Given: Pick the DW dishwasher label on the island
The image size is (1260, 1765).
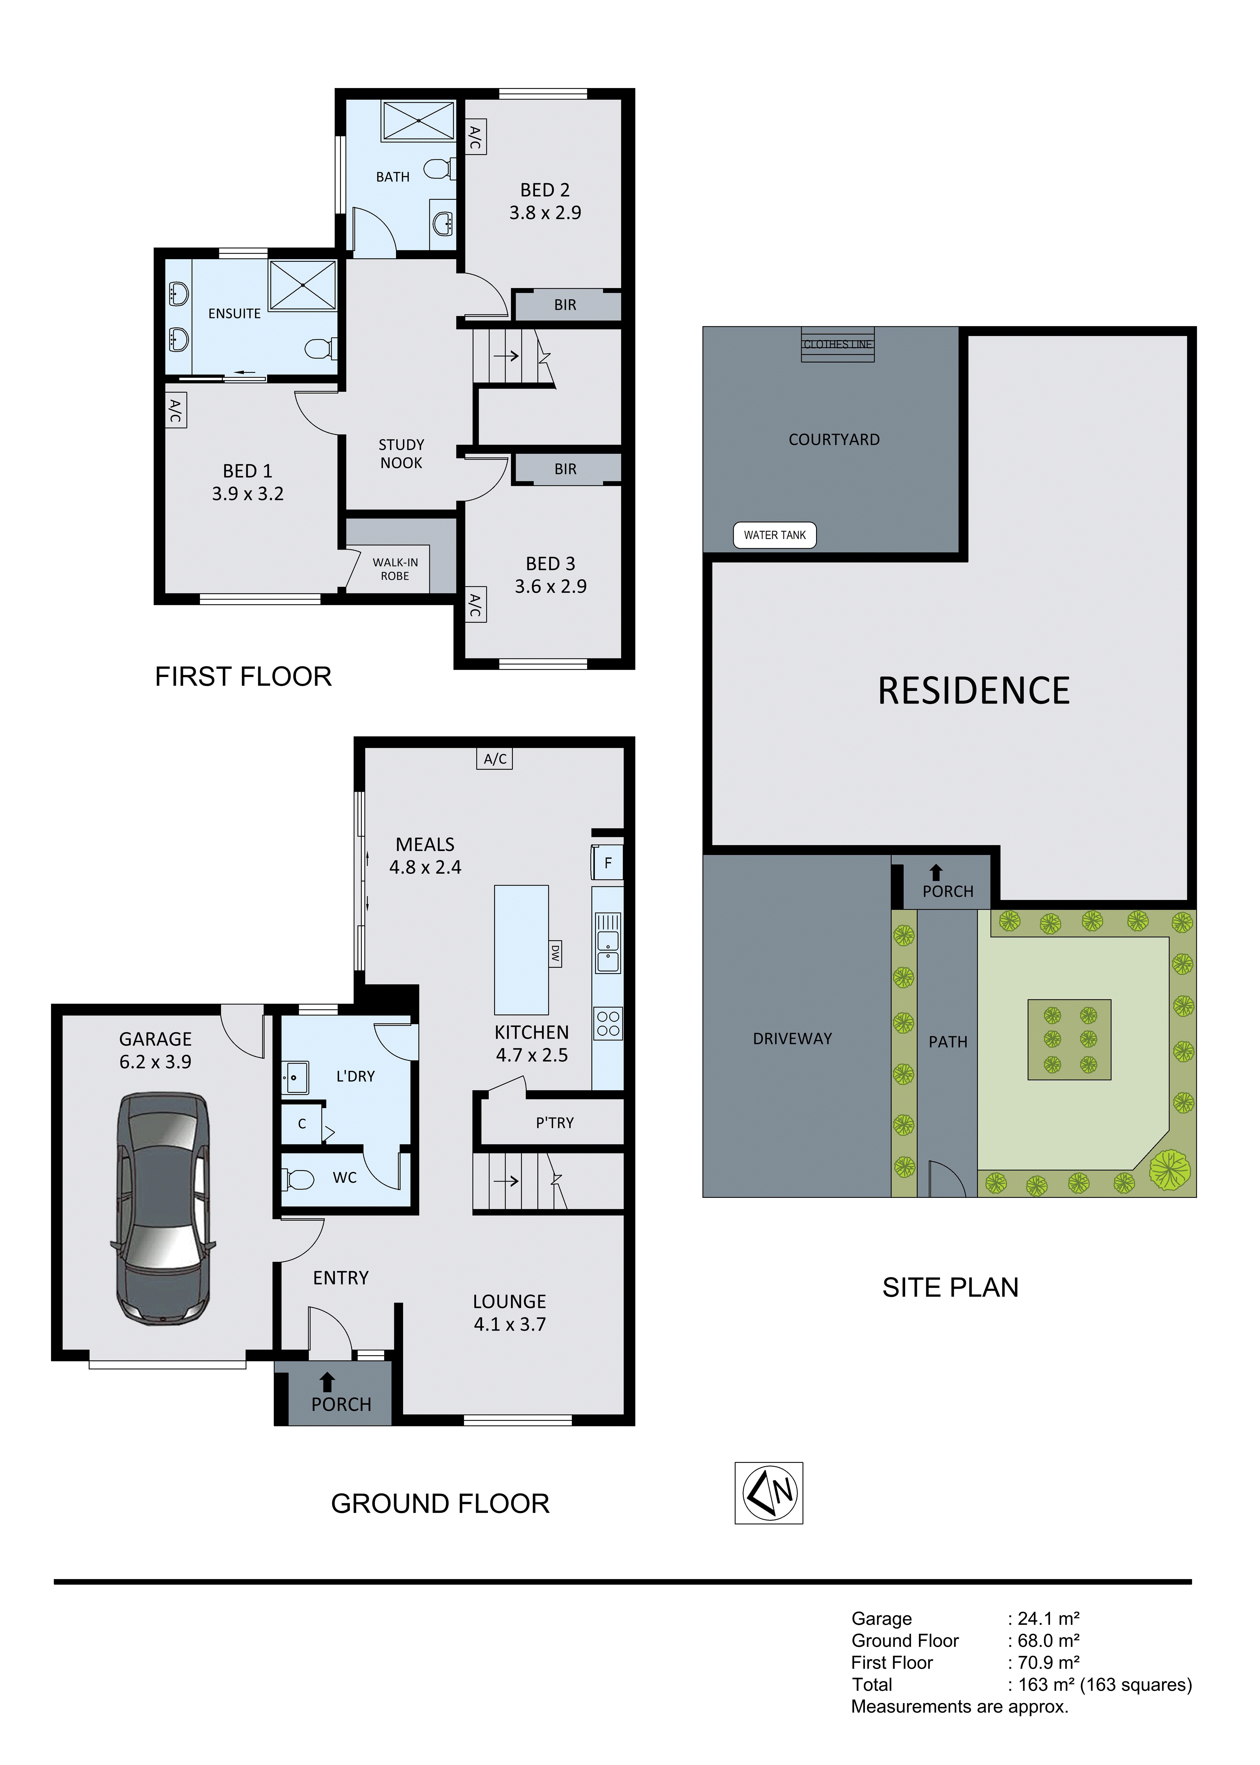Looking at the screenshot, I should pyautogui.click(x=555, y=953).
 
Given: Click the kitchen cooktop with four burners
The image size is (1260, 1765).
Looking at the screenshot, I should pyautogui.click(x=608, y=1024).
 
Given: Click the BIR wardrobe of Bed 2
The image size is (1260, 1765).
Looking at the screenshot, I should pyautogui.click(x=566, y=305).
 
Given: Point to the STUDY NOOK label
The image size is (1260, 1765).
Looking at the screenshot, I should pyautogui.click(x=401, y=454).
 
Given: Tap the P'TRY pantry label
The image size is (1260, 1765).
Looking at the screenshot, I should pyautogui.click(x=555, y=1123).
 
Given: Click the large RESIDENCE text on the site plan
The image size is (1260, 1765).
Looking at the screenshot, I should pyautogui.click(x=974, y=691).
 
